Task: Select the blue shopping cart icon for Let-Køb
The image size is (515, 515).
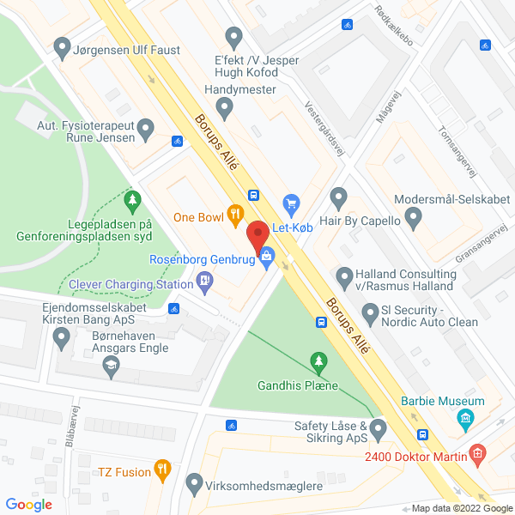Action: coord(291,203)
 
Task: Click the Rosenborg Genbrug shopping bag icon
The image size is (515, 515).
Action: coord(268,255)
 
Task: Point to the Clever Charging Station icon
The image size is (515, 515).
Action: coord(204,279)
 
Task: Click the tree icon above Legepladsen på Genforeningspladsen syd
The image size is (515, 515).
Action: coord(132,201)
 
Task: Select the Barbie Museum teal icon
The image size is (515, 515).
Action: coord(466,420)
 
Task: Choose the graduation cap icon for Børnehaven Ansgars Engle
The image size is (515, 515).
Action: coord(110,367)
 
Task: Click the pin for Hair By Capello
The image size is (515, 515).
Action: coord(338,201)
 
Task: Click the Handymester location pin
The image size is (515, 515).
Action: coord(225,108)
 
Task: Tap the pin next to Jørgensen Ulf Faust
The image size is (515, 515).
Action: coord(61,48)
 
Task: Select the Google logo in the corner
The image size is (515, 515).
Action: coord(28,504)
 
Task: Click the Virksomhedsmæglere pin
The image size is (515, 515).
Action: coord(194,483)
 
